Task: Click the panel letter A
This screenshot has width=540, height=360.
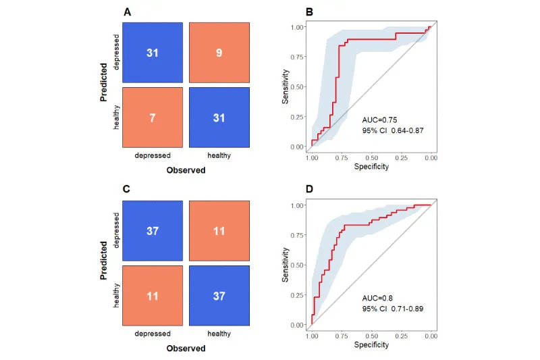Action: (127, 12)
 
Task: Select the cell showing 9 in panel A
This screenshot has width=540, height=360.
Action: (219, 52)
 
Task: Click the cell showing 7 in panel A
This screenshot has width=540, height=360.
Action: (153, 117)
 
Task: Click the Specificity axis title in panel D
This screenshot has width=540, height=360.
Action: (371, 344)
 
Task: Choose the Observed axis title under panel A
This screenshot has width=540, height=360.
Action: (186, 170)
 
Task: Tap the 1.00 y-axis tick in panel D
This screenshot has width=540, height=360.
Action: (296, 205)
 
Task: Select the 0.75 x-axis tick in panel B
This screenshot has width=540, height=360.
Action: (342, 157)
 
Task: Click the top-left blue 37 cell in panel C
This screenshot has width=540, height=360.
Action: (153, 231)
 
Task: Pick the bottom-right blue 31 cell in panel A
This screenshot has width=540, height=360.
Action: (219, 117)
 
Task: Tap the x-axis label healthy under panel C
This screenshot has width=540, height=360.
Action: (219, 334)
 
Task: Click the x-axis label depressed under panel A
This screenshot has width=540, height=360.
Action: (153, 155)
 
